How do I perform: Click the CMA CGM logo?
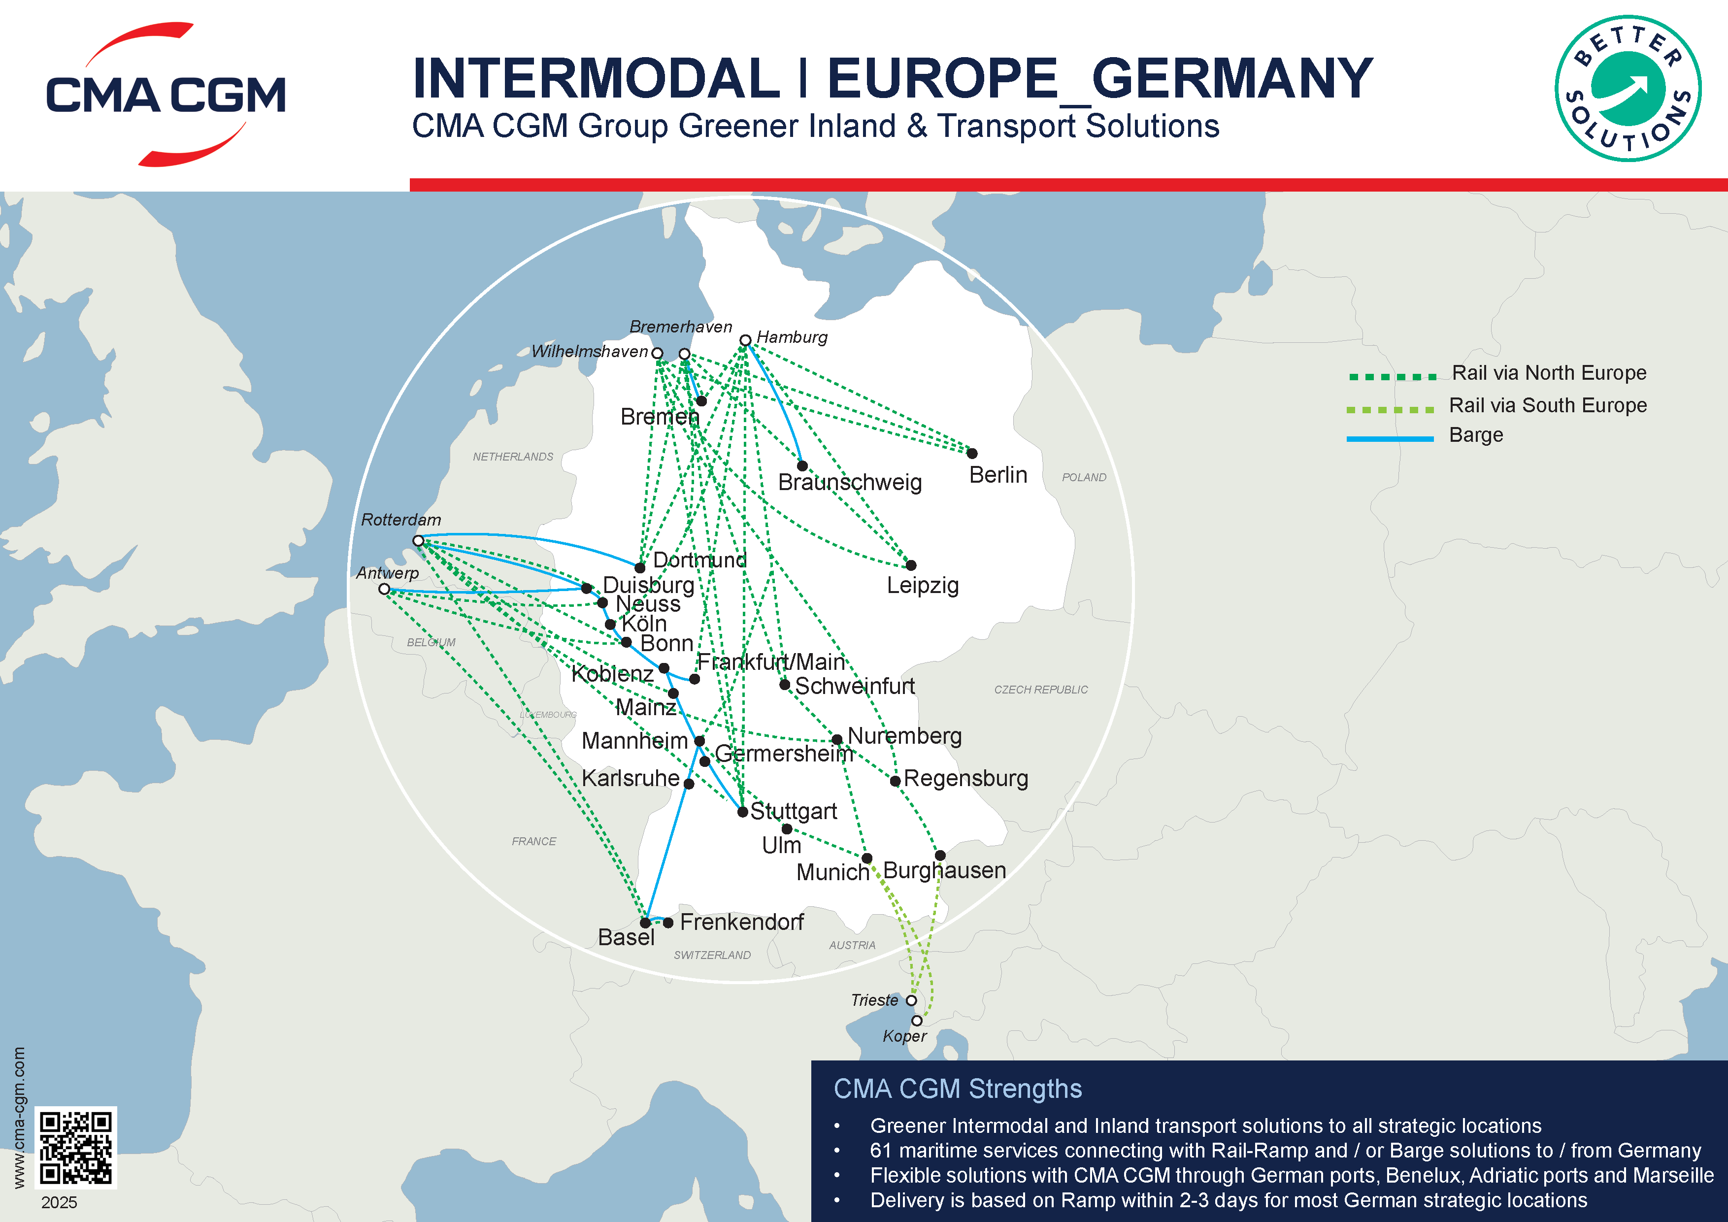coord(166,94)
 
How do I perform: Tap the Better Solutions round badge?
coord(1628,88)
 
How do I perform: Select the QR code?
coord(76,1147)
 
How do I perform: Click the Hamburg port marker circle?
coord(745,340)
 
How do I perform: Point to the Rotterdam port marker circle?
coord(418,540)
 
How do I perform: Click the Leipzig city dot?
coord(911,565)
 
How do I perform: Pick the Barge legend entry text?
coord(1475,435)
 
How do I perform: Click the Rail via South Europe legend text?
coord(1547,405)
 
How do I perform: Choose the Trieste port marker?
coord(911,1000)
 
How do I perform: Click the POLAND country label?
coord(1084,477)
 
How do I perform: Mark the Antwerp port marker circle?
coord(384,589)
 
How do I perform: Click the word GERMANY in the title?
coord(1231,78)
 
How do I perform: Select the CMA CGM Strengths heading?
coord(957,1089)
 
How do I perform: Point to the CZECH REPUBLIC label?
coord(1040,689)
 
